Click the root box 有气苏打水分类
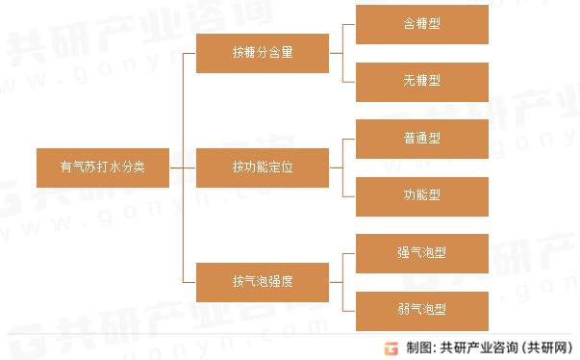103,167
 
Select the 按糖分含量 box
262,53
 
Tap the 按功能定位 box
262,167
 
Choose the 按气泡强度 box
262,281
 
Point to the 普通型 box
422,139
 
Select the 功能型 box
422,194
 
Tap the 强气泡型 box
422,252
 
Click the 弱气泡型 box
422,309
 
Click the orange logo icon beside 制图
391,347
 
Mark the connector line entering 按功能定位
189,167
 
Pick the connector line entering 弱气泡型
349,309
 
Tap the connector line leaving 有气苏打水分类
176,167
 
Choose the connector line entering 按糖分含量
189,53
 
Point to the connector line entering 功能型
349,194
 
